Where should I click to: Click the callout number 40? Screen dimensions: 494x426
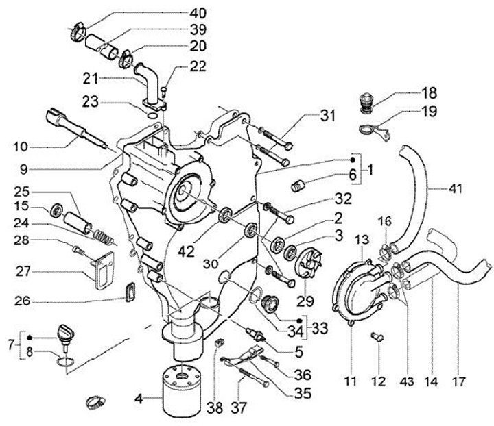[198, 13]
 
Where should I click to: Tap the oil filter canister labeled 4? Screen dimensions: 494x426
[181, 391]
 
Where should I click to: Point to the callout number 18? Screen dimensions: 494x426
[429, 92]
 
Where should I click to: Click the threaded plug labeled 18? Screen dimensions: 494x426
[366, 103]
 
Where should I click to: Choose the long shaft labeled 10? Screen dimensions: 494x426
[76, 127]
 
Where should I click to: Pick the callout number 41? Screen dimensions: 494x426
[456, 189]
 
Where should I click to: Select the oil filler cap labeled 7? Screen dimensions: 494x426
[66, 335]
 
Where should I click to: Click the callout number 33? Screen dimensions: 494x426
[320, 328]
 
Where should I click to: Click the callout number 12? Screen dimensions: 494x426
[378, 381]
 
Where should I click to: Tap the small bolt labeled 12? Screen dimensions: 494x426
[377, 338]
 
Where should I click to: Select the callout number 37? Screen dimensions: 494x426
[239, 408]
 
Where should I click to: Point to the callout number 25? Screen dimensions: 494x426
[22, 192]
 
